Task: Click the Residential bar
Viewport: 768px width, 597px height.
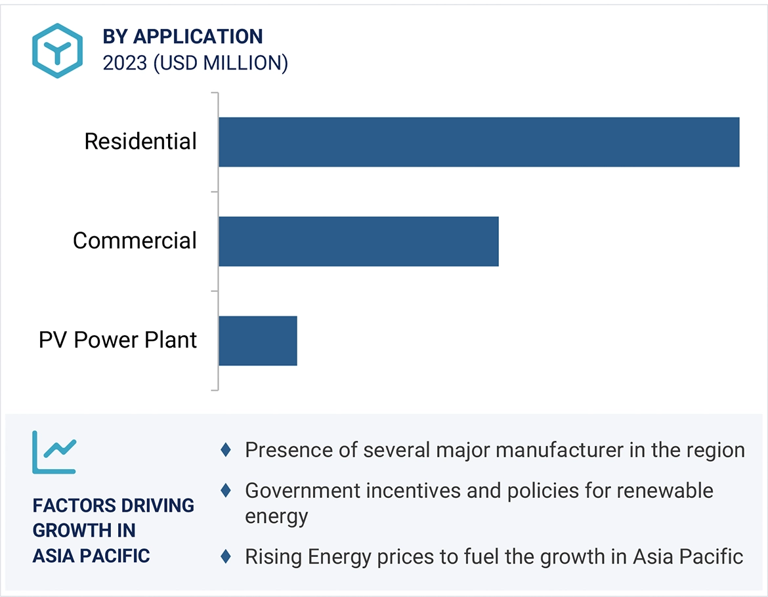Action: pos(479,142)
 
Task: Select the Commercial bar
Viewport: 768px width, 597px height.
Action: pos(358,241)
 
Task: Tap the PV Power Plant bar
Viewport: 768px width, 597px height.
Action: pos(257,340)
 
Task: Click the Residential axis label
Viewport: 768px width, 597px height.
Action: pos(140,142)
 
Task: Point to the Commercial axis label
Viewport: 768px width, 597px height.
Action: pos(135,241)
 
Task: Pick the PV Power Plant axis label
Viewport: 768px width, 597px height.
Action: pos(118,340)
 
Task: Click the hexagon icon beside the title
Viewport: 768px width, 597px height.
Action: pos(58,51)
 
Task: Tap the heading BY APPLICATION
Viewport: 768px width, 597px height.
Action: pos(182,37)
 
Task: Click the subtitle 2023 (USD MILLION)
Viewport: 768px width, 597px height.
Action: pos(195,64)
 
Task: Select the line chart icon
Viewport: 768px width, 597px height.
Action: pos(54,452)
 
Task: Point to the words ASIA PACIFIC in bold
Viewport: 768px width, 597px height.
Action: pos(91,556)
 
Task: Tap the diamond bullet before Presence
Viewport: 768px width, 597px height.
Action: pos(226,450)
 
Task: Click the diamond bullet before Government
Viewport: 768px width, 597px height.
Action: pos(226,490)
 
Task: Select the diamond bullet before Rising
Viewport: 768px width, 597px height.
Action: pos(226,557)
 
